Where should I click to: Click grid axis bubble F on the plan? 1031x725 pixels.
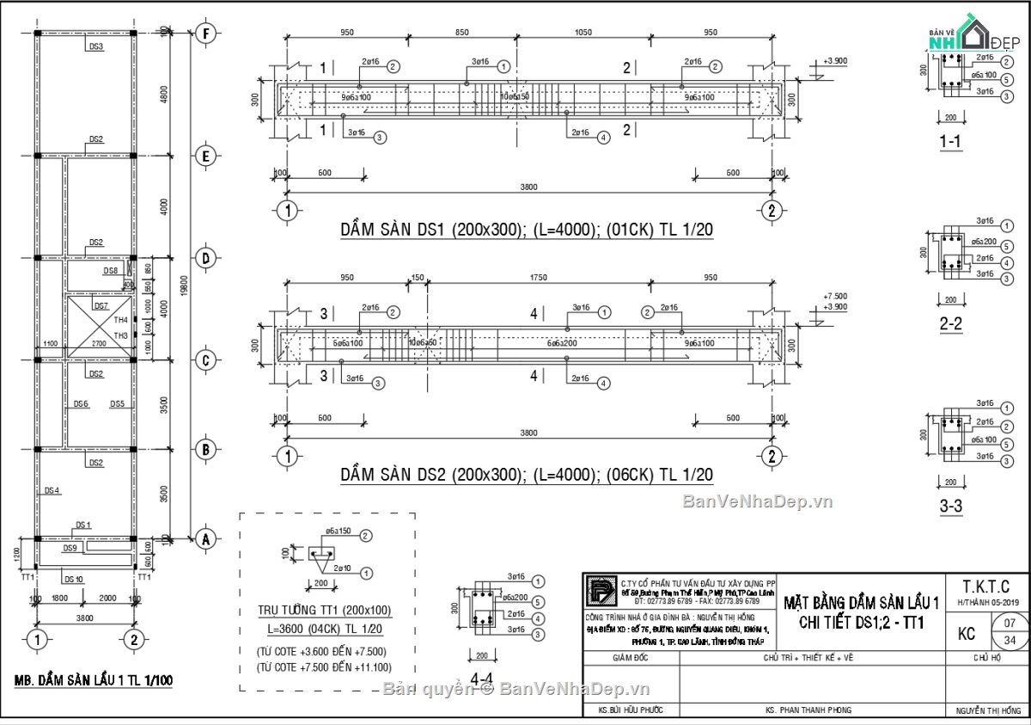coord(205,34)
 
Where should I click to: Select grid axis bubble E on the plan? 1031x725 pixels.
coord(205,156)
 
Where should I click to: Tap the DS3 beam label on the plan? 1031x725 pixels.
coord(96,46)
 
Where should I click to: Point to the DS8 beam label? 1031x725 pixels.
coord(111,271)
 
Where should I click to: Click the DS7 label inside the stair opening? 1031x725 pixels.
coord(101,305)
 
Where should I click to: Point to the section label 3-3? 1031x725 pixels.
coord(949,507)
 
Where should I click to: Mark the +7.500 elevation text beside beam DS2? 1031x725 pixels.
coord(835,296)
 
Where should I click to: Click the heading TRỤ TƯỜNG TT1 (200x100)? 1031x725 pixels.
coord(325,610)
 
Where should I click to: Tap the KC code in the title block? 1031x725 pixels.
coord(967,634)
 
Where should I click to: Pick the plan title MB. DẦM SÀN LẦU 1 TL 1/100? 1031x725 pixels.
coord(94,680)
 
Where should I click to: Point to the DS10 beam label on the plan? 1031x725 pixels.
coord(74,579)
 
